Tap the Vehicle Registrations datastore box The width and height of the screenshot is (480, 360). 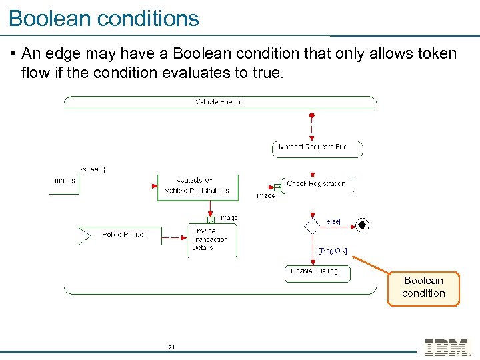coord(197,186)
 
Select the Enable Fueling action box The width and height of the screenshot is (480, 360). coord(317,272)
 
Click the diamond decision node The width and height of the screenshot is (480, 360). coord(312,225)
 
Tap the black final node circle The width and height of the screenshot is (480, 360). coord(361,225)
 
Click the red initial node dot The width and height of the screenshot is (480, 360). coord(311,115)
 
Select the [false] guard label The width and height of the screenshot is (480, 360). coord(331,221)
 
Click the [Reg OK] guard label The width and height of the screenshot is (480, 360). coord(333,251)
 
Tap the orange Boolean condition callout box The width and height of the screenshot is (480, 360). coord(423,288)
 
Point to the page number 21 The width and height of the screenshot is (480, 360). coord(171,347)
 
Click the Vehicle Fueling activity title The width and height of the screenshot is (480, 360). coord(219,102)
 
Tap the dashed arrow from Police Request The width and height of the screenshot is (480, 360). coord(168,235)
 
